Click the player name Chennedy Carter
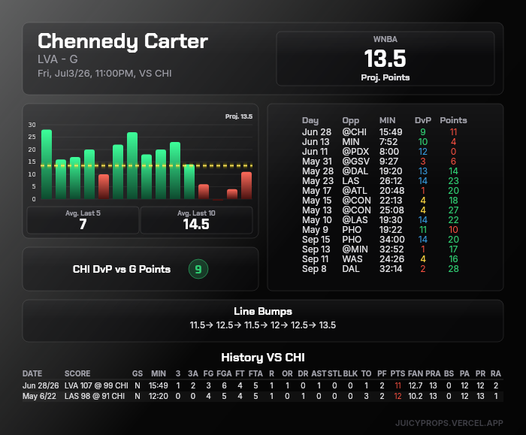tap(122, 41)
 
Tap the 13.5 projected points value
tap(385, 59)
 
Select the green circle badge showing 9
tap(198, 269)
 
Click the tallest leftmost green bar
tap(47, 165)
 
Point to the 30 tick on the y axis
tap(32, 125)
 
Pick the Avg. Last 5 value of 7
tap(83, 224)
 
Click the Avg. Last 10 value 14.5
tap(196, 224)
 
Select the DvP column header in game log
tap(422, 120)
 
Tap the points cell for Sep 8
tap(453, 269)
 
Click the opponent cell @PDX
tap(355, 152)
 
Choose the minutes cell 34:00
tap(391, 240)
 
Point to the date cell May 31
tap(317, 162)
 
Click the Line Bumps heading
tap(263, 311)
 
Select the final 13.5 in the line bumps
tap(327, 325)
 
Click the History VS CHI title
tap(263, 357)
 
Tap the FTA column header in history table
tap(255, 373)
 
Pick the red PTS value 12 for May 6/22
tap(398, 396)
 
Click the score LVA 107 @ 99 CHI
tap(96, 385)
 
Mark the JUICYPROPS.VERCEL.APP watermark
tap(449, 423)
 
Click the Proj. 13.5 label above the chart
tap(239, 116)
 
